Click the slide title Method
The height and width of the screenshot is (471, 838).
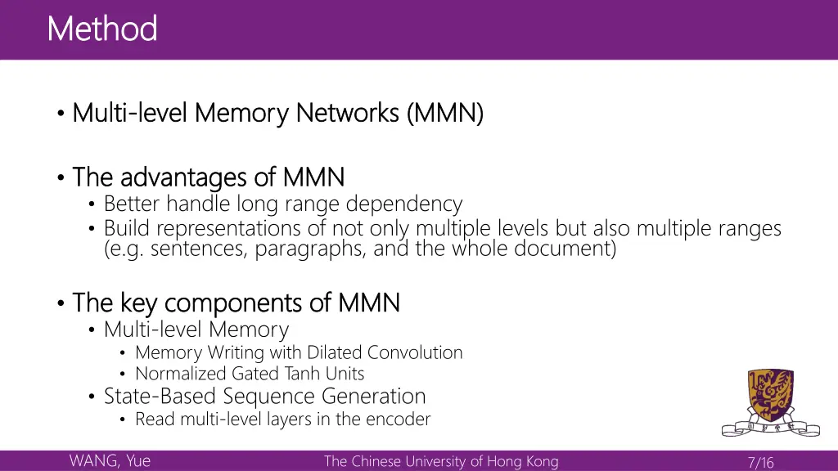pos(102,29)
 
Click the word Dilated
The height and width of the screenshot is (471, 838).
pos(336,352)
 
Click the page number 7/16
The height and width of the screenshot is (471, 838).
pos(760,463)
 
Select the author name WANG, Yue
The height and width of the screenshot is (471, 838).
pos(110,461)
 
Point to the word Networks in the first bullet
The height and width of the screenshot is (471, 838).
pos(347,112)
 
